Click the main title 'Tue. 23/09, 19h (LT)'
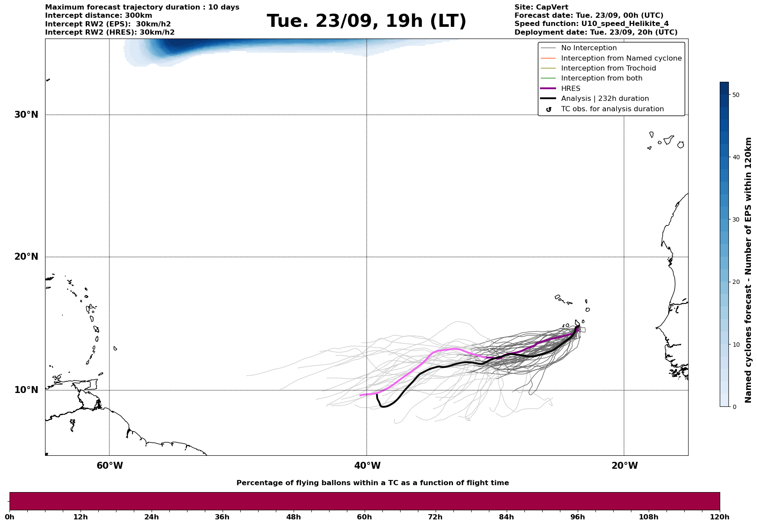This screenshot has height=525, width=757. coord(366,21)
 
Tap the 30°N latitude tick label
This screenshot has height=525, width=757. coord(26,115)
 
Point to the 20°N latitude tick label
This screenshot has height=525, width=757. coord(26,257)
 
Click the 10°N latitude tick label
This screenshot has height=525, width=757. coord(26,390)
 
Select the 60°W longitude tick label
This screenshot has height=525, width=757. coord(110,466)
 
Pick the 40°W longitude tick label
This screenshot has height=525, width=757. coord(367,466)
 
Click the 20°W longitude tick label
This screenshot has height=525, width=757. coord(624,466)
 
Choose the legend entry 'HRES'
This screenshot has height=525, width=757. coord(570,89)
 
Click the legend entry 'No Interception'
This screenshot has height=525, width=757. coord(589,48)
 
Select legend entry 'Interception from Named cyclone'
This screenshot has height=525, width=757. coord(621,58)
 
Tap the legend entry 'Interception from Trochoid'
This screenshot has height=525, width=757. coord(608,68)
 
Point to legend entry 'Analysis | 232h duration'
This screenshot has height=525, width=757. coord(605,99)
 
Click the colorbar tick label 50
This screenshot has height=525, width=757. coord(735,95)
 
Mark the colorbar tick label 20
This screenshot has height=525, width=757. coord(735,282)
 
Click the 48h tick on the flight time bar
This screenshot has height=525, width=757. coord(293,517)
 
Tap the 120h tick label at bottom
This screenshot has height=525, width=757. coord(720,517)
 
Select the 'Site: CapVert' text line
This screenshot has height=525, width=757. coord(541,7)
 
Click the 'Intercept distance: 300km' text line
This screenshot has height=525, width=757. coord(98,16)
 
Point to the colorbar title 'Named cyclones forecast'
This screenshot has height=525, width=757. coord(748,270)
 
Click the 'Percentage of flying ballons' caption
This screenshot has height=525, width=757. coord(372,483)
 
